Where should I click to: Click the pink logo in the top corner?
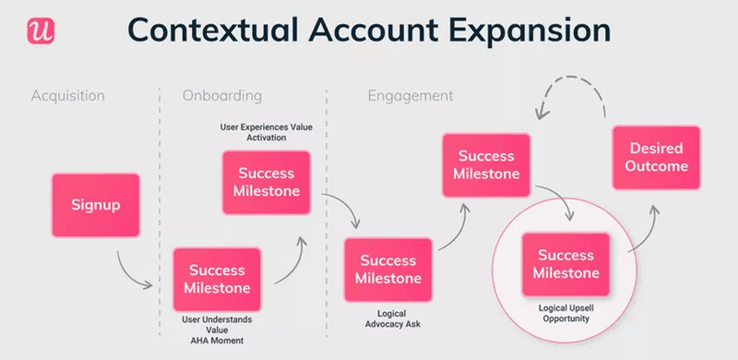point(41,30)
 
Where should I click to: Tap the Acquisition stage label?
point(68,96)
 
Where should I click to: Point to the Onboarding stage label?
point(222,96)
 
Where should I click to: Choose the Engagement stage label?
point(411,96)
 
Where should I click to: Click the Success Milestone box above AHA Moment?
point(218,279)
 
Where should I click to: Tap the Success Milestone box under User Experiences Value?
point(267,183)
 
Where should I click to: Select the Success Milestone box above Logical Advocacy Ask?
point(388,270)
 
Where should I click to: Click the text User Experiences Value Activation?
point(266,131)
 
